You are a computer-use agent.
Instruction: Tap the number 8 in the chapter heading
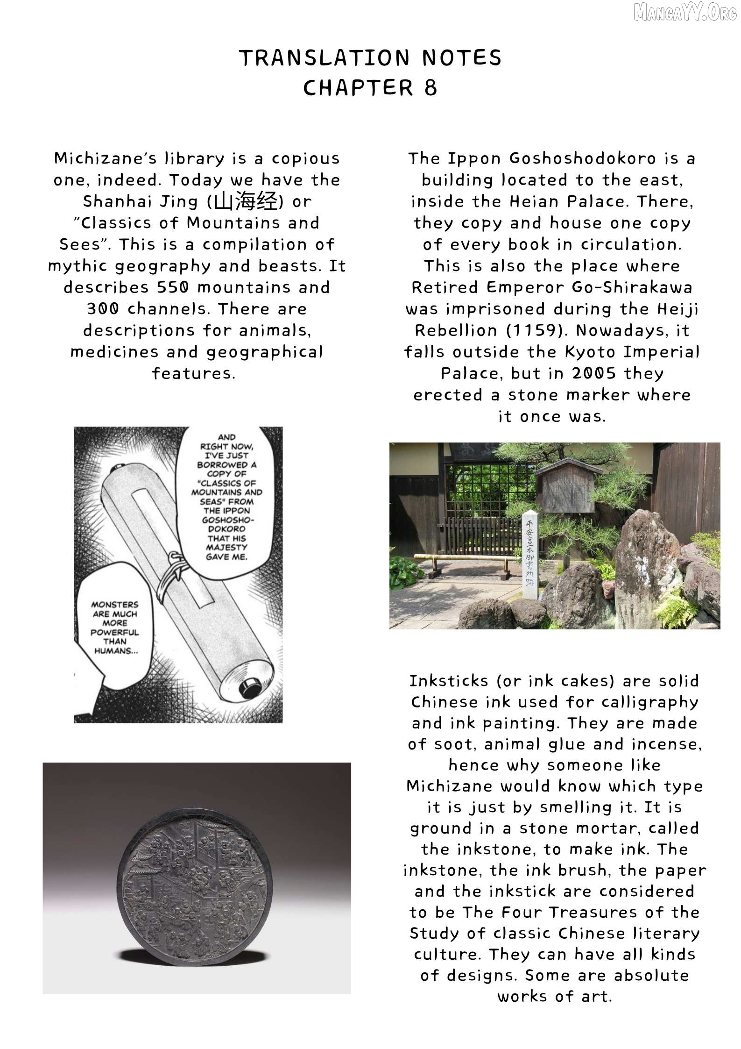[x=430, y=88]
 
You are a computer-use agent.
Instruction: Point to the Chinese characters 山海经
[x=246, y=202]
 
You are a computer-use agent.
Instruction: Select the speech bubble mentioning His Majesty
[x=226, y=497]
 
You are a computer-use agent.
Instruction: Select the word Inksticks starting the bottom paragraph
[x=449, y=681]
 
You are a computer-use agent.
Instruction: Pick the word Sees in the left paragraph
[x=80, y=244]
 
